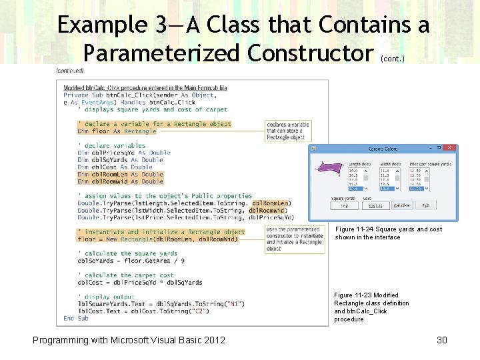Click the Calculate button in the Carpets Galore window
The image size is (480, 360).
tap(402, 205)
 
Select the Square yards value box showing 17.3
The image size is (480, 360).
tap(343, 206)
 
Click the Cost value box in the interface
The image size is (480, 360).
tap(375, 206)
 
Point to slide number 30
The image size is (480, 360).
tap(441, 340)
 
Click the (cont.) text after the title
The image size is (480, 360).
tap(391, 59)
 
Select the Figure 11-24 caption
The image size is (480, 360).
tap(388, 233)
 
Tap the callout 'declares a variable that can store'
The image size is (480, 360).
tap(288, 131)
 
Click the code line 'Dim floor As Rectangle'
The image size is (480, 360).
tap(117, 131)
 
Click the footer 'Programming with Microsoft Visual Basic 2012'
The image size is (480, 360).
tap(129, 340)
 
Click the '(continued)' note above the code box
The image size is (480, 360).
tap(70, 71)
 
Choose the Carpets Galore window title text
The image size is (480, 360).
tap(383, 149)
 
